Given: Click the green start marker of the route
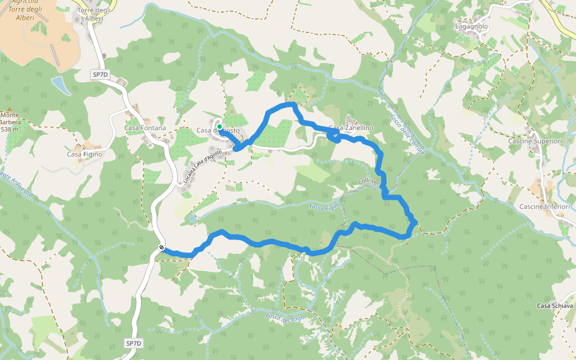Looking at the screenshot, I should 220,127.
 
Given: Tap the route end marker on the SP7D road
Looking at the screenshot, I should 162,248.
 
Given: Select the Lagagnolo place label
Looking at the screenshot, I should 472,27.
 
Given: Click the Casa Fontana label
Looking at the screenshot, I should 145,128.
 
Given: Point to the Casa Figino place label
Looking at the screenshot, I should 85,154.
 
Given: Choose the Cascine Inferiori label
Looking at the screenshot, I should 545,206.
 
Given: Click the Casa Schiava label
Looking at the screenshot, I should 555,305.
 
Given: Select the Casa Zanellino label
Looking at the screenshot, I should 352,128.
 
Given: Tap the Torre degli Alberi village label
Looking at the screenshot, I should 90,14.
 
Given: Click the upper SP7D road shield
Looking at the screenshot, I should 100,74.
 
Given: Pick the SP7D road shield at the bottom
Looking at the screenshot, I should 134,343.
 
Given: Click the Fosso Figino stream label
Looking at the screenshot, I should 326,206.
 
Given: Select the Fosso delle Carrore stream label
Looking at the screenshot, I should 406,135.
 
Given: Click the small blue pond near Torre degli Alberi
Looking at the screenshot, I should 60,85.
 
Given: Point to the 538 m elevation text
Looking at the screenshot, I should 10,129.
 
